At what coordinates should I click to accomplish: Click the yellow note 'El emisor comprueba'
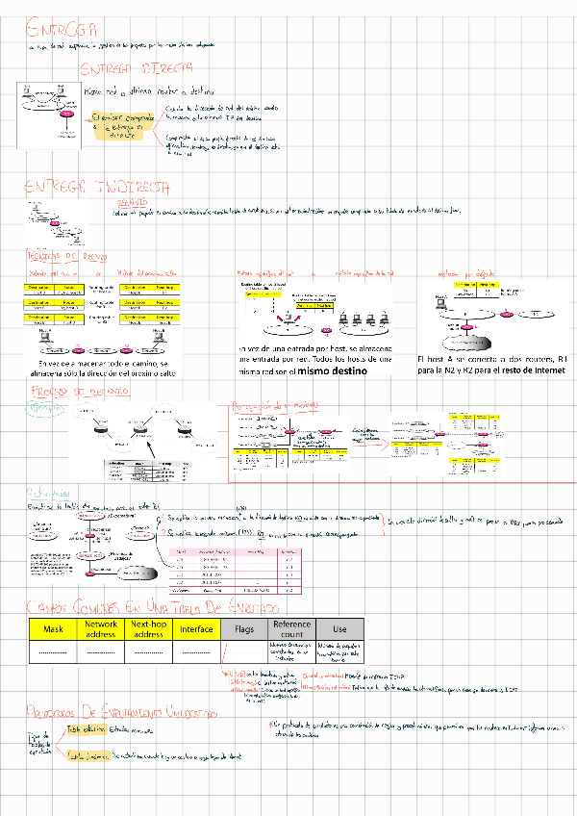click(120, 126)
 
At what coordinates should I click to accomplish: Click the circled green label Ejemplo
click(42, 409)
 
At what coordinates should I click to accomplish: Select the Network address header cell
click(100, 629)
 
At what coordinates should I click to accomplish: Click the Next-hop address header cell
click(148, 629)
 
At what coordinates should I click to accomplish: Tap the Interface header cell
click(196, 629)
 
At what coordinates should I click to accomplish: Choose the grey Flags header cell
click(244, 629)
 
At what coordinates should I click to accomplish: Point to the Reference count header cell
click(292, 629)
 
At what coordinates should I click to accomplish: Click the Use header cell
click(339, 629)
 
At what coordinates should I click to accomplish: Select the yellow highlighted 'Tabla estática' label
click(87, 729)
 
